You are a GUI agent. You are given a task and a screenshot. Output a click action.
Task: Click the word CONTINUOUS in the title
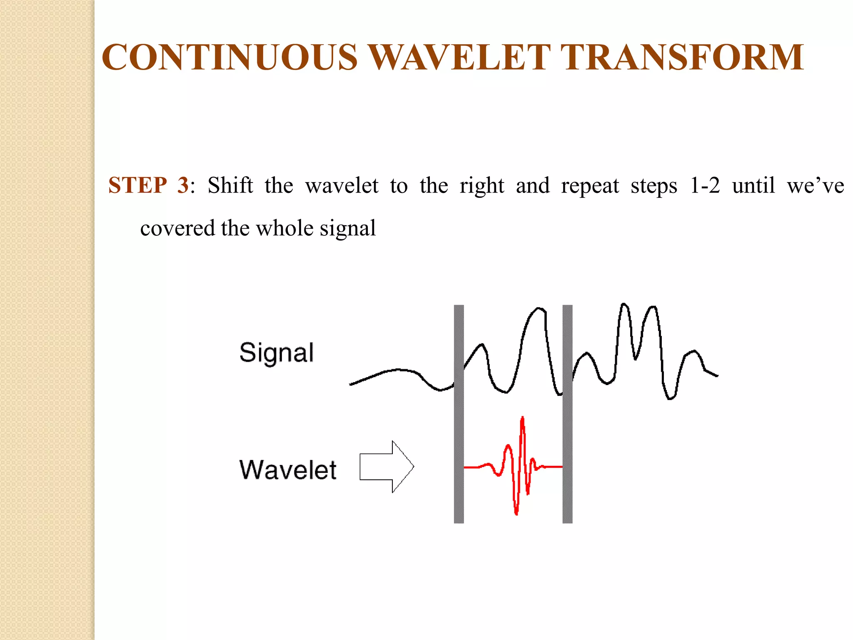click(229, 57)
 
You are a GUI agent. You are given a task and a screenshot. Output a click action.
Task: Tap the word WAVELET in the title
click(459, 57)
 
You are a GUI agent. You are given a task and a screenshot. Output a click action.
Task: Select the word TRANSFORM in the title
click(682, 57)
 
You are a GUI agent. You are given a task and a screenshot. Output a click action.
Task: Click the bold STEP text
click(137, 185)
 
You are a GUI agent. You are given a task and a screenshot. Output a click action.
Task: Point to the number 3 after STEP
click(182, 185)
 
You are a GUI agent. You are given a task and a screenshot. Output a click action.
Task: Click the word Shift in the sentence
click(230, 185)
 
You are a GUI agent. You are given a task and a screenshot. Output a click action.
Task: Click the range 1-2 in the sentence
click(705, 185)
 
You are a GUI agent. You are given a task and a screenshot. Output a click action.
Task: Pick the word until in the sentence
click(753, 185)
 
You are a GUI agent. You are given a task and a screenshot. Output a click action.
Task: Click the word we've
click(815, 185)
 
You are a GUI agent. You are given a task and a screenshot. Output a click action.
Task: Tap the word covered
click(177, 229)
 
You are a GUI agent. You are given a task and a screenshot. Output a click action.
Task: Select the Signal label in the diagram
click(277, 352)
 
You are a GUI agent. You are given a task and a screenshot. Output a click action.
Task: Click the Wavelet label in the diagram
click(288, 470)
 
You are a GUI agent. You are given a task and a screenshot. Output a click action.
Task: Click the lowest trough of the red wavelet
click(516, 512)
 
